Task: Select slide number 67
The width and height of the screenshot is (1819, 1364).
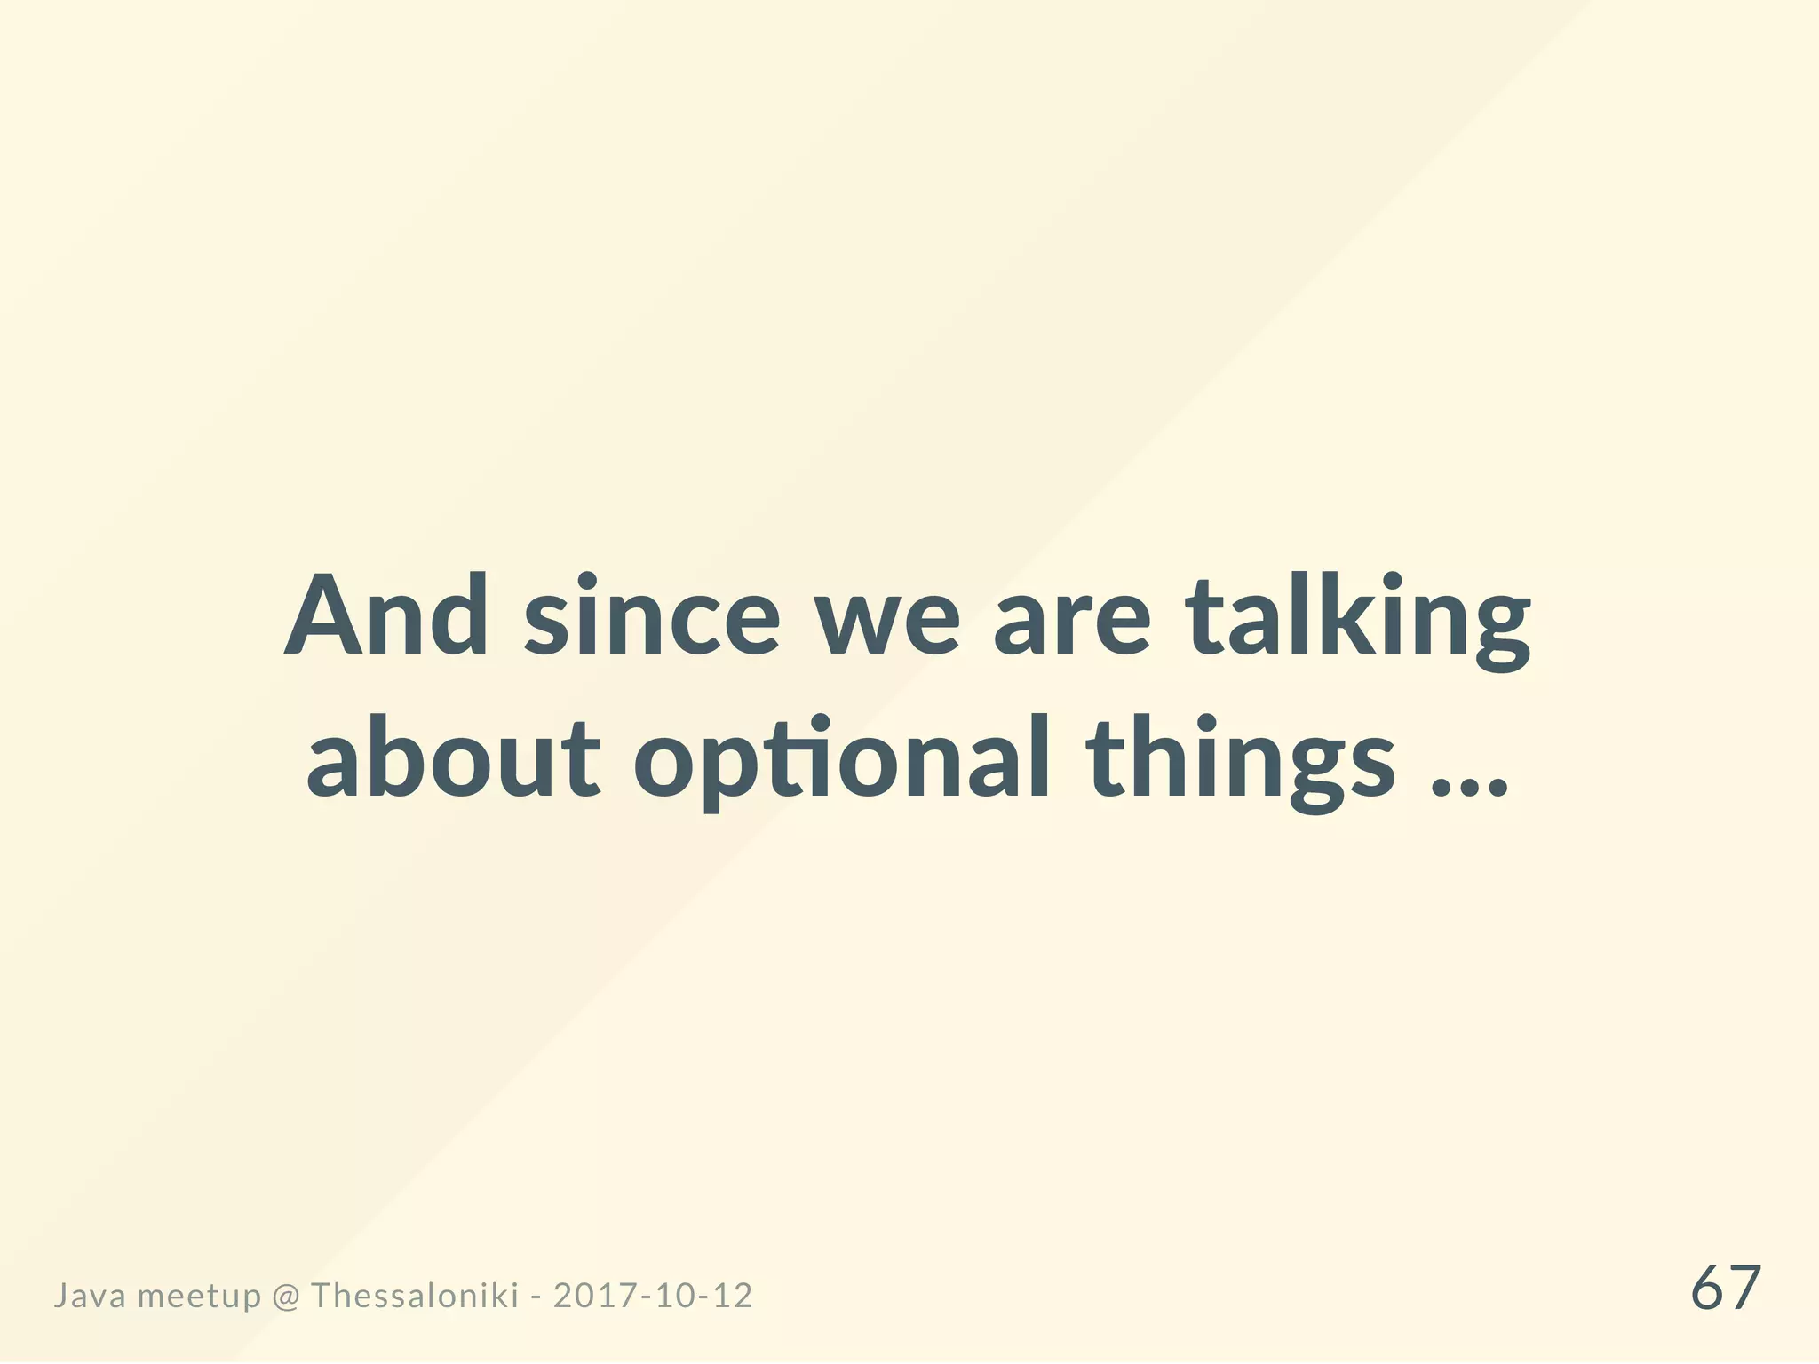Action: click(1725, 1289)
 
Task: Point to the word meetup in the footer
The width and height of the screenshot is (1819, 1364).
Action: click(200, 1297)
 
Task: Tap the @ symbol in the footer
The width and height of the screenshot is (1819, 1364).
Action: click(286, 1297)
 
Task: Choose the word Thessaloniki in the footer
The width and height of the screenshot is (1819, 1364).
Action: click(415, 1296)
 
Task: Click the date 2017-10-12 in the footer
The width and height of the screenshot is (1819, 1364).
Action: click(653, 1296)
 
